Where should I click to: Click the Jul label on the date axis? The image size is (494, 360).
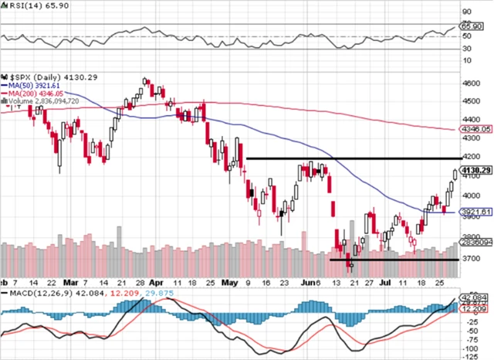[x=384, y=282]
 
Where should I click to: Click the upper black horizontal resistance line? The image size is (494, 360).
[x=347, y=158]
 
